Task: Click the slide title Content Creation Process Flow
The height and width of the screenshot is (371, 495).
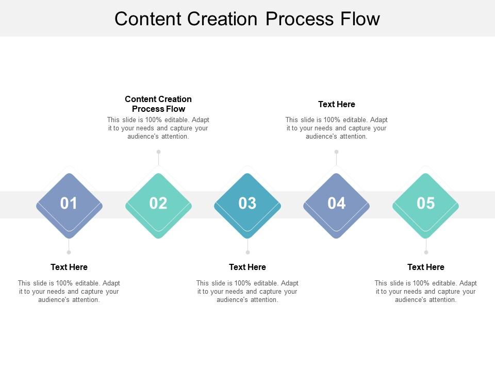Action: (x=247, y=19)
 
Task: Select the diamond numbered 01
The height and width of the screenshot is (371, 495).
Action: (x=69, y=205)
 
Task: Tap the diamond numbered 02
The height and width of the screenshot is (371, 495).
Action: (x=158, y=205)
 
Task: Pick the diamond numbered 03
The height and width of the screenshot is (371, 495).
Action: (x=247, y=205)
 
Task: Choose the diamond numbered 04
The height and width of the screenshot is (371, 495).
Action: (x=337, y=205)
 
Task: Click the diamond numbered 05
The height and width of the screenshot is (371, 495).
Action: (x=426, y=205)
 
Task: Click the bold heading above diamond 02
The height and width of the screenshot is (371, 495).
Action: (x=158, y=104)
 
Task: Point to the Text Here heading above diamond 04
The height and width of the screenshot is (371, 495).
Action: (x=337, y=104)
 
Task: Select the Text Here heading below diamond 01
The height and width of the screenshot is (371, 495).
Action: (x=69, y=267)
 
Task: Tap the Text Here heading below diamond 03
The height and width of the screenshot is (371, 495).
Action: (x=247, y=267)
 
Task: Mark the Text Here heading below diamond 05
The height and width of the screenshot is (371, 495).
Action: (x=426, y=267)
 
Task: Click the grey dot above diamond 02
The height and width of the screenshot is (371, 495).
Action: (x=158, y=151)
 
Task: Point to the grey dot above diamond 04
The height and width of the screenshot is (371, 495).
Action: (x=337, y=151)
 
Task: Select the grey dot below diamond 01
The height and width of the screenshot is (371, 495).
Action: (x=69, y=252)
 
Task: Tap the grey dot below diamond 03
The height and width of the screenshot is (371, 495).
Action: (x=247, y=252)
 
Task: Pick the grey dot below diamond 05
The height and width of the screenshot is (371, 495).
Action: (x=426, y=252)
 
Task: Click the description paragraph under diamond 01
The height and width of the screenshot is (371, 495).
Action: (x=69, y=291)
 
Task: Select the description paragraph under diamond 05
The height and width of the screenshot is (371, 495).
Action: (x=426, y=291)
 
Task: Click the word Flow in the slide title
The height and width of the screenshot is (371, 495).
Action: (x=360, y=19)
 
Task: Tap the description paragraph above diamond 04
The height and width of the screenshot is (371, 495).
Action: (x=337, y=128)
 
